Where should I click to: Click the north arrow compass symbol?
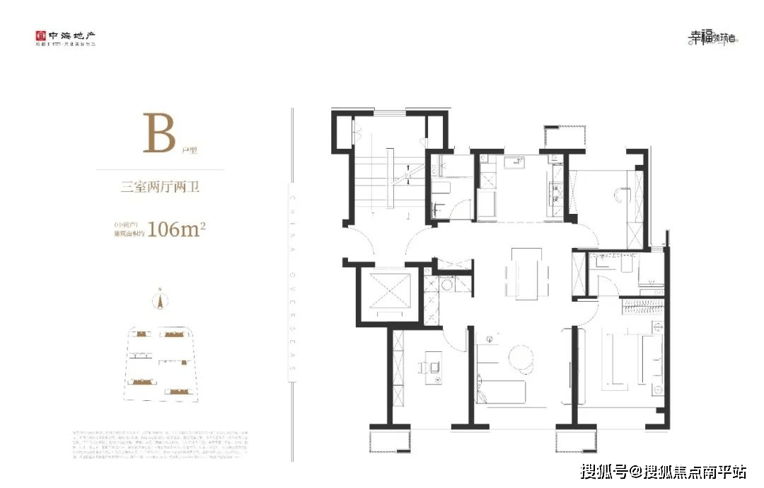point(161,300)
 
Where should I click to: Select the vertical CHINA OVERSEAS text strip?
point(292,276)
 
